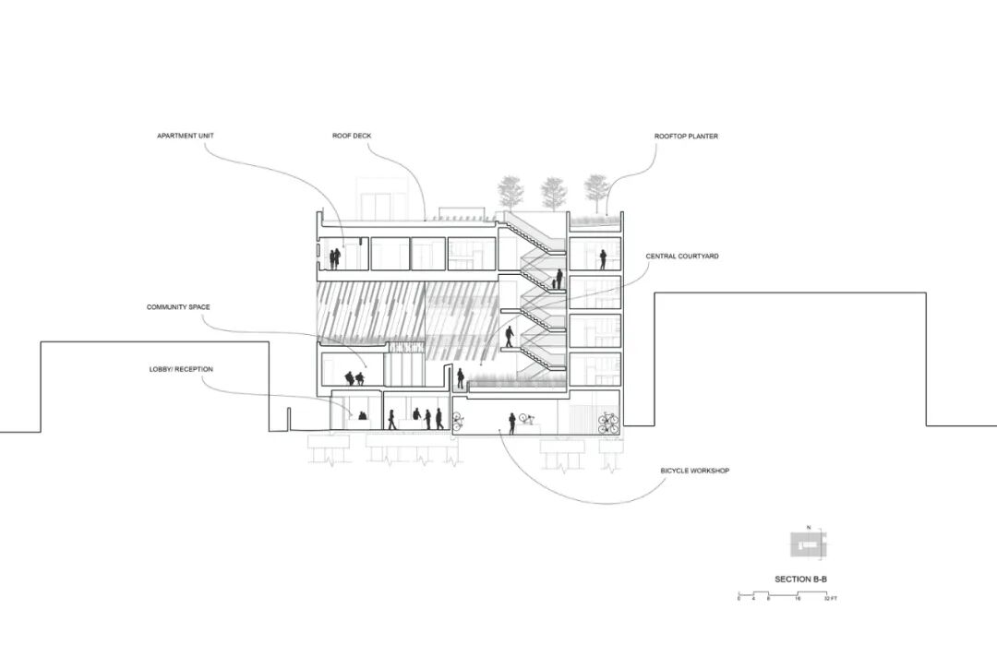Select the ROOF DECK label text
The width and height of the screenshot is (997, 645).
point(352,137)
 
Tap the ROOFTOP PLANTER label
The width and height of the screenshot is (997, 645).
point(686,137)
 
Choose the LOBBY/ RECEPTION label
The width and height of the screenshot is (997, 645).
point(181,369)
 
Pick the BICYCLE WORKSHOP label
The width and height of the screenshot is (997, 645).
point(695,471)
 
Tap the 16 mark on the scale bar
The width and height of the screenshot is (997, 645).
point(797,599)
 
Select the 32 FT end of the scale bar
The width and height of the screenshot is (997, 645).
point(831,599)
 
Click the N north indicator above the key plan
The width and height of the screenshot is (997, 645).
point(809,527)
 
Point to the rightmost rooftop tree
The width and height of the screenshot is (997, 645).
point(596,190)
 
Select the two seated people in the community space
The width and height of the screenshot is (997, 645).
point(354,378)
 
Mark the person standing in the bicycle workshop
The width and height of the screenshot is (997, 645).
point(511,424)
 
